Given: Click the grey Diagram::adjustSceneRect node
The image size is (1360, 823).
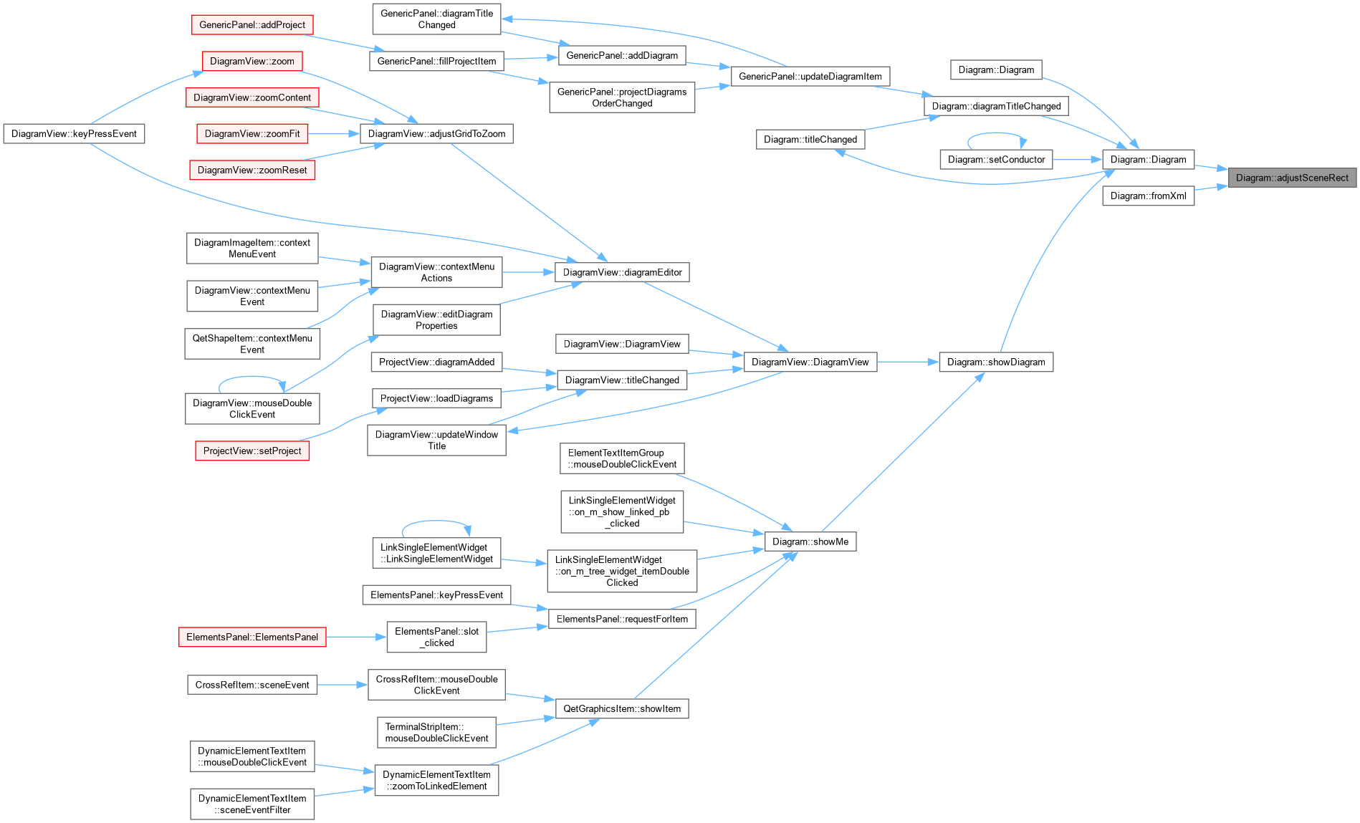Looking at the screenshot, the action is click(x=1292, y=178).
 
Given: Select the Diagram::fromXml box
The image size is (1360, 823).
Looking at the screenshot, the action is click(x=1148, y=196).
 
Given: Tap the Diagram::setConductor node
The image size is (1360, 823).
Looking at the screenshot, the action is click(x=996, y=160).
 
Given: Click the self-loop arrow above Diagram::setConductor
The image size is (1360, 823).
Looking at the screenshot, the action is click(x=997, y=133).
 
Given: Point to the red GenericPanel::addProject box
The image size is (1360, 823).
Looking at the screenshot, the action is click(x=252, y=24).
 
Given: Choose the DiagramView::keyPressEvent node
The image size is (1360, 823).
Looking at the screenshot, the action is click(x=74, y=134).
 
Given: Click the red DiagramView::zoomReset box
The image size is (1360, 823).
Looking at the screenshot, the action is click(x=252, y=170).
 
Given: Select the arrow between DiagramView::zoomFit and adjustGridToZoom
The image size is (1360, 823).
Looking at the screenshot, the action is click(x=334, y=134).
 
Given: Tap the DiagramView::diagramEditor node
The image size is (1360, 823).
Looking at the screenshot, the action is click(x=622, y=272).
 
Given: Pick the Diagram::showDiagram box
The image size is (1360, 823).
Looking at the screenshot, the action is click(x=996, y=362).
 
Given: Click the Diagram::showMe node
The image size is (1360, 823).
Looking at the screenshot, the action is click(x=810, y=542).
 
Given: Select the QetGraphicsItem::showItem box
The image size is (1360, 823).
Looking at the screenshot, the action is click(x=622, y=708).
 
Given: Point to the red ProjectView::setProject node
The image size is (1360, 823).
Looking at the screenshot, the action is click(x=252, y=451).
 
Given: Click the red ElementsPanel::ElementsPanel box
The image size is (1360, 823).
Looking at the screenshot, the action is click(x=252, y=637).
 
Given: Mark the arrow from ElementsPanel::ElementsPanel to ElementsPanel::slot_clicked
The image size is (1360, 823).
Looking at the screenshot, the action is click(x=356, y=637).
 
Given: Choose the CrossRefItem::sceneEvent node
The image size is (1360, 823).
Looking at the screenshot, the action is click(x=252, y=685).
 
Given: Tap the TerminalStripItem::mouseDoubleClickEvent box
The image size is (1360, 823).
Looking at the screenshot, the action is click(x=436, y=732).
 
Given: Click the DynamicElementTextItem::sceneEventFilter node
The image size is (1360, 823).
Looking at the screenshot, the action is click(x=252, y=804).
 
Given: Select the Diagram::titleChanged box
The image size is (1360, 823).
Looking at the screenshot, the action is click(x=810, y=140).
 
